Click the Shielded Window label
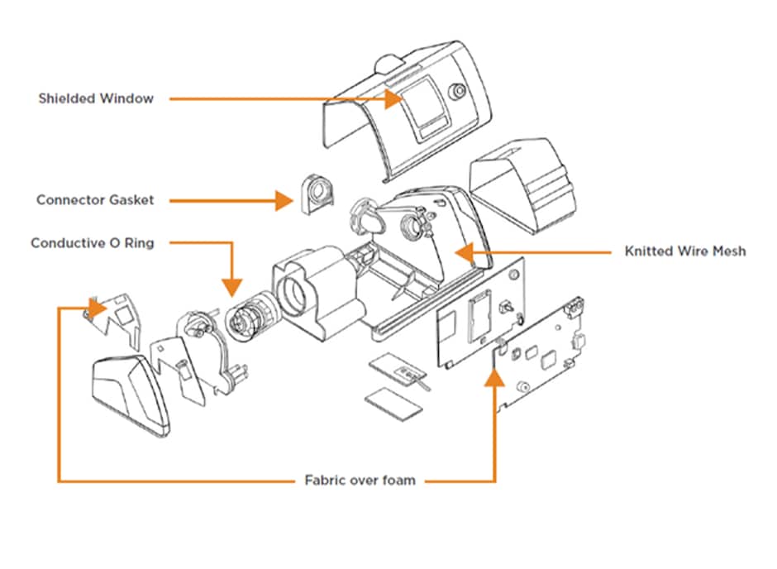pos(96,98)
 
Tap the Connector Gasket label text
pos(94,200)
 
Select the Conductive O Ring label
pos(93,243)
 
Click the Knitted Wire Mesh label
pos(684,251)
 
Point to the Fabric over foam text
pos(360,480)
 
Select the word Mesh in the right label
pos(727,251)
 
